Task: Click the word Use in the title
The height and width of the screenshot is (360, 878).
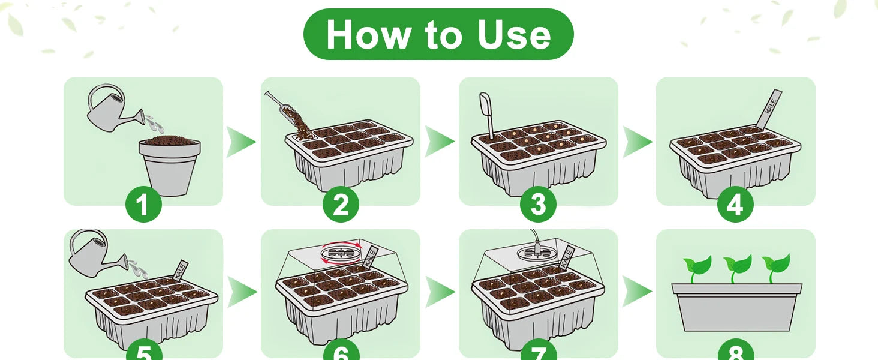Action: point(514,35)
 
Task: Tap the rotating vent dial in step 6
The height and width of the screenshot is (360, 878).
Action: point(339,253)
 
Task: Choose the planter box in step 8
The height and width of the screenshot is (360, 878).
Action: point(736,307)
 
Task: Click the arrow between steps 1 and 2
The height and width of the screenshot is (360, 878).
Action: point(241,142)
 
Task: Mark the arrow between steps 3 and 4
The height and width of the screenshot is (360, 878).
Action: point(637,142)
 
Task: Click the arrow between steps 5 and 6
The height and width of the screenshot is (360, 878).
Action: point(241,292)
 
